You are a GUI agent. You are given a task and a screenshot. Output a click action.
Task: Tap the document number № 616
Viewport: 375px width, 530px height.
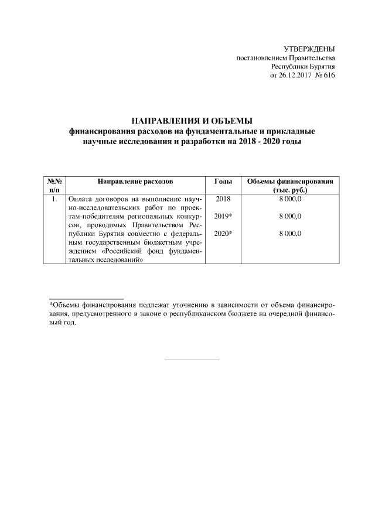(x=325, y=76)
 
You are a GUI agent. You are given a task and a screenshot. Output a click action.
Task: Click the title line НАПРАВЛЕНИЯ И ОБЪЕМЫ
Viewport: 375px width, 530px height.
(x=188, y=121)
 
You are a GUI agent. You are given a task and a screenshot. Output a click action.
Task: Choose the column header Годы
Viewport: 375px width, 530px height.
(x=223, y=182)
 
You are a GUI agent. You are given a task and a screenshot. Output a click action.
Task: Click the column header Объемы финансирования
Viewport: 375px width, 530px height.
(x=290, y=182)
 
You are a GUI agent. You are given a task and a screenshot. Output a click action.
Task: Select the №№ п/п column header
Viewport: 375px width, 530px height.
(x=54, y=186)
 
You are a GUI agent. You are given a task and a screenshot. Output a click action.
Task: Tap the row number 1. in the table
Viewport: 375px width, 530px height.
(x=54, y=200)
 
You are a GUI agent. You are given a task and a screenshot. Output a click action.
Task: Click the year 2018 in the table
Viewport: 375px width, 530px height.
(x=223, y=200)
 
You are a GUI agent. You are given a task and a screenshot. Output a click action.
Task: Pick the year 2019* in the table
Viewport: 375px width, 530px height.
(x=224, y=217)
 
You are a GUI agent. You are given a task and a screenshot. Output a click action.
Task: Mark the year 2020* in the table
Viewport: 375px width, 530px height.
(x=224, y=234)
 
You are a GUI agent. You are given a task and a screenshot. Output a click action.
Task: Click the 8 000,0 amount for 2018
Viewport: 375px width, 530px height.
(x=290, y=200)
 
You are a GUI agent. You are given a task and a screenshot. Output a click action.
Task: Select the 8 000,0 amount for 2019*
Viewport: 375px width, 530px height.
(x=290, y=217)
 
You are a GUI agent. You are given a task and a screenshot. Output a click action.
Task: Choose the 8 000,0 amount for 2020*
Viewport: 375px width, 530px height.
(x=290, y=234)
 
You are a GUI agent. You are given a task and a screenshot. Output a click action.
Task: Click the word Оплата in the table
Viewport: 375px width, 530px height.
(x=80, y=200)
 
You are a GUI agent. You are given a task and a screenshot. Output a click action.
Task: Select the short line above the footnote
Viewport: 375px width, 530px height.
(x=86, y=298)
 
